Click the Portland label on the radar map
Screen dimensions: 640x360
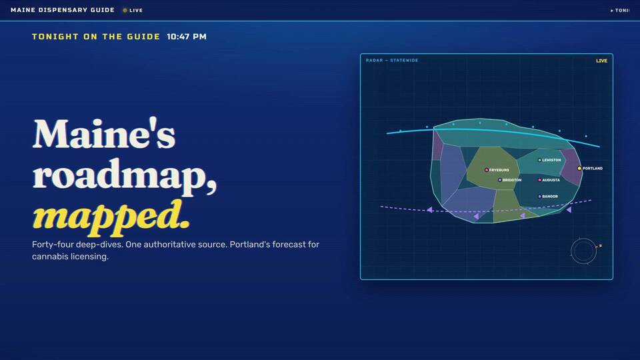coord(592,168)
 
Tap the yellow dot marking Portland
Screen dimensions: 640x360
coord(579,168)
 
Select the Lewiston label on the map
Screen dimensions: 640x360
coord(551,160)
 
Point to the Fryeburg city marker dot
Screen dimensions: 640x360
coord(487,170)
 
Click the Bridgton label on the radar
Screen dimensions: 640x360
coord(512,180)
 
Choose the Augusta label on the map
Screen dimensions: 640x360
coord(551,180)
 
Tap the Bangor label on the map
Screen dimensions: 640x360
coord(550,196)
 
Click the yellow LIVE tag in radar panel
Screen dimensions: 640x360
coord(601,61)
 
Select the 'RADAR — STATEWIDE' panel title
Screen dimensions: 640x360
coord(392,61)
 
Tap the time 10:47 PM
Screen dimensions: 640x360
coord(187,37)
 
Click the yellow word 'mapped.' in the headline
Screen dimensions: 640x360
coord(111,216)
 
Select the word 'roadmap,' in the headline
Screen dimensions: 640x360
coord(125,174)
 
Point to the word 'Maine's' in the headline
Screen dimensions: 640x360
coord(104,133)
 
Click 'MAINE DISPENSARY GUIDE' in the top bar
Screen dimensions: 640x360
coord(63,10)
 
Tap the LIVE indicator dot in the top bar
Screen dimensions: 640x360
coord(125,10)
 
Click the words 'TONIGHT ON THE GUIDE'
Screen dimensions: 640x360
coord(96,37)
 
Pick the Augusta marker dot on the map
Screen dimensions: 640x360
coord(539,180)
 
